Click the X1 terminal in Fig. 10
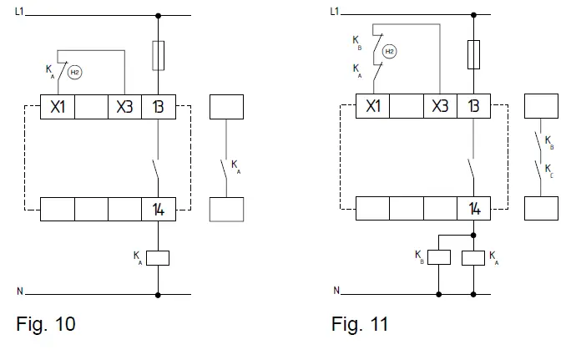(x=58, y=107)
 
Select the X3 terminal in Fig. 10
(x=124, y=107)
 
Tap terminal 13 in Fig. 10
(x=158, y=107)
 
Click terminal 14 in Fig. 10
(x=158, y=209)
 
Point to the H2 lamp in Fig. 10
(x=74, y=73)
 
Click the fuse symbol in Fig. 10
(x=158, y=57)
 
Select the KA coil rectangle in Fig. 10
(x=158, y=257)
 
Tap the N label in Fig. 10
(x=20, y=292)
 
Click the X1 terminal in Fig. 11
(x=373, y=107)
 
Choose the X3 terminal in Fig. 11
(x=440, y=107)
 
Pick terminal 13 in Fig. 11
(x=473, y=107)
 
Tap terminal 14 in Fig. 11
(x=473, y=209)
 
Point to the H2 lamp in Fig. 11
(x=390, y=52)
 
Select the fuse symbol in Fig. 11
(x=473, y=55)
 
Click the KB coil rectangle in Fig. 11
(x=439, y=256)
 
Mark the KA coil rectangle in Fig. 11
(x=473, y=256)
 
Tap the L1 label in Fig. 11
(x=336, y=12)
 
